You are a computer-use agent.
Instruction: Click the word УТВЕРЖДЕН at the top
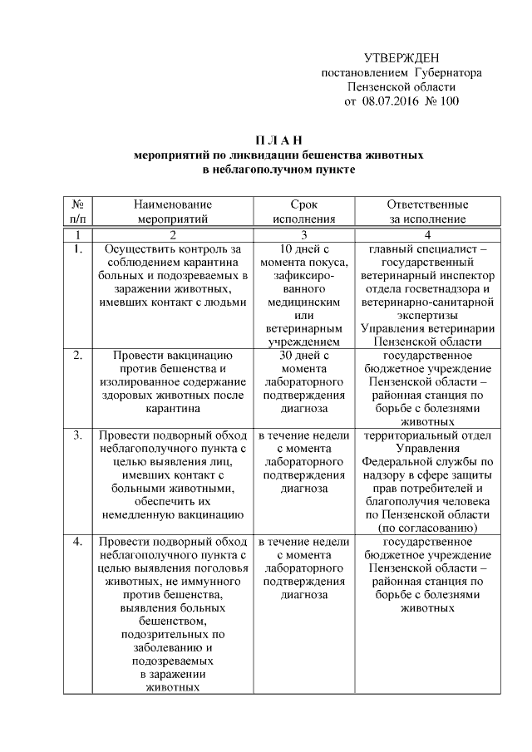click(x=401, y=57)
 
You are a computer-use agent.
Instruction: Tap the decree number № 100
click(x=441, y=101)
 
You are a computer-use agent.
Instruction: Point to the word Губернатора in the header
click(x=449, y=72)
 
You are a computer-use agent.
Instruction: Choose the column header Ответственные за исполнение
click(x=427, y=211)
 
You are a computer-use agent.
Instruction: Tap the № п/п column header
click(x=77, y=211)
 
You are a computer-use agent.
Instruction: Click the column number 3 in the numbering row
click(x=304, y=234)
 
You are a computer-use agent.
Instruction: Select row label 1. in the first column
click(x=77, y=248)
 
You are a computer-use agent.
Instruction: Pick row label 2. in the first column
click(x=77, y=355)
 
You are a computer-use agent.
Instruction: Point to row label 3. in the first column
click(x=77, y=435)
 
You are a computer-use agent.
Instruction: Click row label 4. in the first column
click(x=77, y=542)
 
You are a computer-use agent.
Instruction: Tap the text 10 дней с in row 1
click(x=304, y=248)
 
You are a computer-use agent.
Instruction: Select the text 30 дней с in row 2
click(x=304, y=355)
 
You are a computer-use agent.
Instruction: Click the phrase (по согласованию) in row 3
click(x=427, y=528)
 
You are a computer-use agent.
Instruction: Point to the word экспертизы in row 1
click(x=427, y=315)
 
